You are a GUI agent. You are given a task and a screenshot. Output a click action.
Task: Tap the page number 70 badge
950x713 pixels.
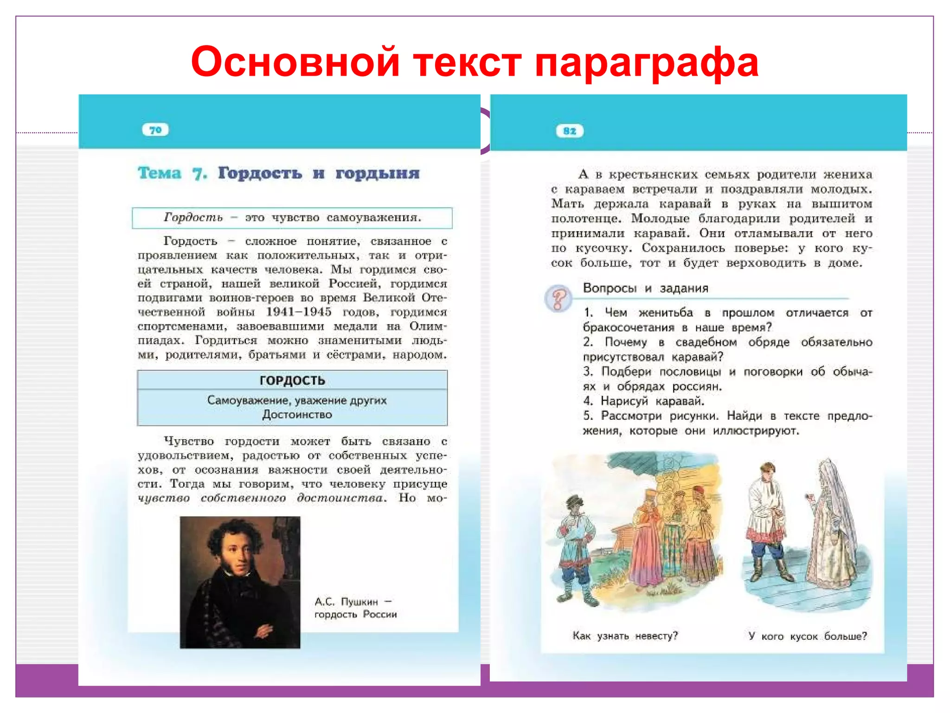[x=155, y=130]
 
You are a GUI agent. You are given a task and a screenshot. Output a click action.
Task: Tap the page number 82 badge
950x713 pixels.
[x=570, y=131]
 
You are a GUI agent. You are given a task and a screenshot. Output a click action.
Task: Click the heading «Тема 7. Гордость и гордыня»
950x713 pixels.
[x=278, y=173]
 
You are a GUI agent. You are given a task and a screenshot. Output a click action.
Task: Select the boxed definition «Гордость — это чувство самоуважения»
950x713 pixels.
[x=292, y=218]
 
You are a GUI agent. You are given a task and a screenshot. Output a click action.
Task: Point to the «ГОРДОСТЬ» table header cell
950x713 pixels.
[x=292, y=380]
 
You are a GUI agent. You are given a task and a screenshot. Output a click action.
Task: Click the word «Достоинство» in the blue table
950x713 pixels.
[x=297, y=415]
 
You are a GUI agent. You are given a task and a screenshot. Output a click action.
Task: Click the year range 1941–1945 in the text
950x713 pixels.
[x=299, y=312]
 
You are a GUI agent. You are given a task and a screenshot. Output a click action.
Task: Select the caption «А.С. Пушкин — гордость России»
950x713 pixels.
[x=355, y=608]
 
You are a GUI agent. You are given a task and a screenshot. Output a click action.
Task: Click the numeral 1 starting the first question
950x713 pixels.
[x=588, y=313]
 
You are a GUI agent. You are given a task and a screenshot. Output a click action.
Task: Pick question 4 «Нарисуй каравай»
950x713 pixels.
[x=652, y=401]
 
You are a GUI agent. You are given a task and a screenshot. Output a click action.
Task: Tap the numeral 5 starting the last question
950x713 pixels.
[x=588, y=416]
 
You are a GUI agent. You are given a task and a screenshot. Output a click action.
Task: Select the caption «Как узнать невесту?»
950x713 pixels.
[x=625, y=636]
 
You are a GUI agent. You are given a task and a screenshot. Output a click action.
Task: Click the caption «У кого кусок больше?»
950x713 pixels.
[x=807, y=636]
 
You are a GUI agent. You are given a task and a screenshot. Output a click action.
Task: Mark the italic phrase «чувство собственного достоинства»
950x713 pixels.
[x=262, y=498]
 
